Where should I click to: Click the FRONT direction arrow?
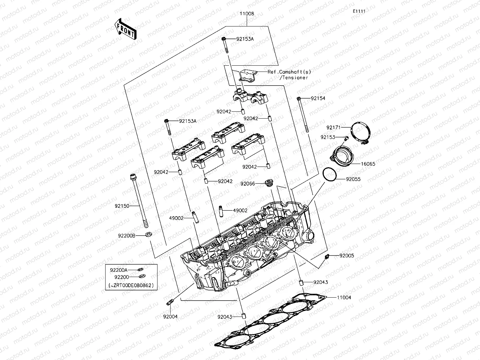125,29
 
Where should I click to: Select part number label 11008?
247,14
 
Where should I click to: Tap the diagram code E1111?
358,11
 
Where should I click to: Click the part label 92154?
318,98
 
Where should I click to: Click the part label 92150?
122,206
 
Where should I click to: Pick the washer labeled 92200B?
149,234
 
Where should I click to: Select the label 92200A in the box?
118,270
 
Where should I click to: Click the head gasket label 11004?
344,298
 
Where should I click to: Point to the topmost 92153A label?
245,39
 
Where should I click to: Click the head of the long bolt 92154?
299,98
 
